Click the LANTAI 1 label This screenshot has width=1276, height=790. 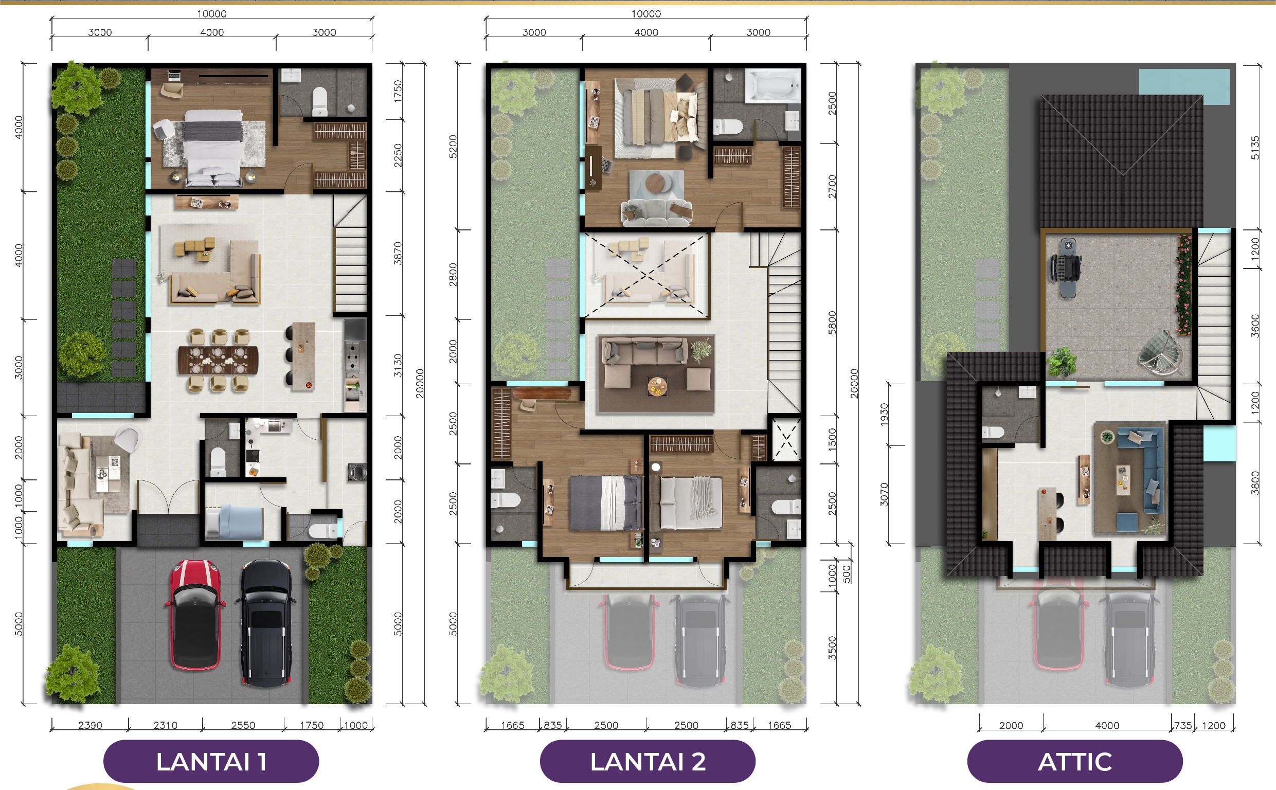(x=211, y=762)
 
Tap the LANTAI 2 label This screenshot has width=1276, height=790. (x=648, y=762)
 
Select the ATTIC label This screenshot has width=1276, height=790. (x=1074, y=762)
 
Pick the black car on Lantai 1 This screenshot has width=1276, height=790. (x=266, y=623)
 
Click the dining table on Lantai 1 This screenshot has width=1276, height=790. (x=217, y=360)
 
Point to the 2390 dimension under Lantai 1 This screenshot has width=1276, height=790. (x=90, y=725)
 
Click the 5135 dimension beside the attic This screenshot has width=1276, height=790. (x=1255, y=148)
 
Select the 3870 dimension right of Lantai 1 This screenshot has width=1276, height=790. (x=398, y=254)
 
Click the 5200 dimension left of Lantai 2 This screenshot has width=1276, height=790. (x=453, y=146)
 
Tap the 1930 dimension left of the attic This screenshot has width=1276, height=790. (x=884, y=415)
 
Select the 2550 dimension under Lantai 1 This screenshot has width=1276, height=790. (x=243, y=725)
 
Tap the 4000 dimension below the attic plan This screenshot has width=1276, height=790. (x=1107, y=725)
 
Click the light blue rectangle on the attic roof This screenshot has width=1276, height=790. (x=1183, y=86)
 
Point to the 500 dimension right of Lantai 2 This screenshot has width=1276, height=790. (x=846, y=573)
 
